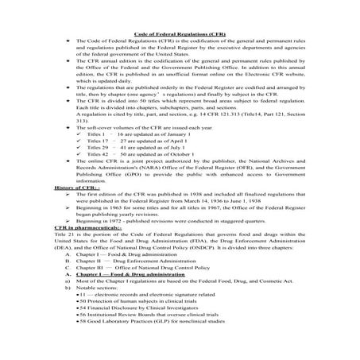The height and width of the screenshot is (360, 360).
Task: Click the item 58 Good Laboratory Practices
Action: (134, 350)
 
